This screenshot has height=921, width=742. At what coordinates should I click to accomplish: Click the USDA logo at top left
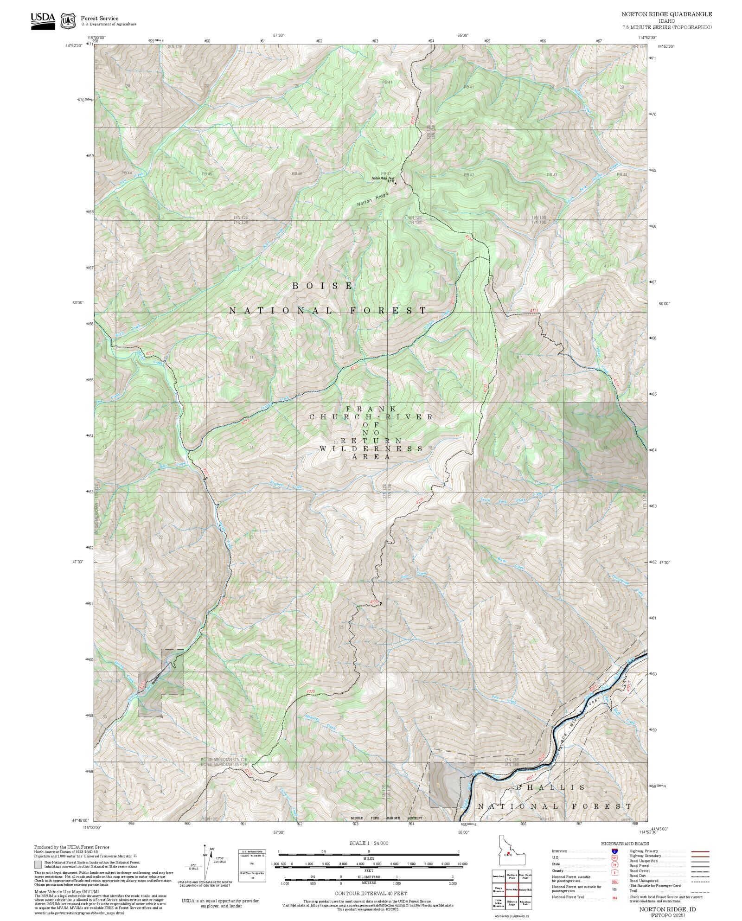click(x=43, y=20)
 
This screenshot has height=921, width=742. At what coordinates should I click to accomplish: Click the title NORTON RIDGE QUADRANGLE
click(x=666, y=14)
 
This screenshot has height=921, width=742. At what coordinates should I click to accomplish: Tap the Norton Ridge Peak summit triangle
click(x=396, y=183)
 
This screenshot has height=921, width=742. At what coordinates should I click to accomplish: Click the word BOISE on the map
click(x=323, y=286)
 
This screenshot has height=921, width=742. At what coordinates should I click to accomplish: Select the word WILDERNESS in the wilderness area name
click(x=371, y=448)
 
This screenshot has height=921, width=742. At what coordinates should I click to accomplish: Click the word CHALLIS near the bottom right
click(x=550, y=787)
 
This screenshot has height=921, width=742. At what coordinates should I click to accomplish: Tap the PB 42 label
click(x=469, y=175)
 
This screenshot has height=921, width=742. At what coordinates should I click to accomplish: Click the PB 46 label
click(x=297, y=174)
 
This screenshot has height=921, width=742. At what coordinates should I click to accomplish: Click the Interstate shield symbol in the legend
click(x=614, y=851)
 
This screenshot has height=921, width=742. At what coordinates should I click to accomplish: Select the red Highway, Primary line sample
click(x=700, y=851)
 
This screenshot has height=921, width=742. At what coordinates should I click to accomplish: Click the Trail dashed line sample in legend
click(x=700, y=891)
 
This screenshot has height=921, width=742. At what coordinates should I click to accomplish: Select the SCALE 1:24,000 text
click(x=369, y=843)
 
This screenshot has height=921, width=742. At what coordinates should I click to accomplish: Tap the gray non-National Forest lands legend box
click(x=38, y=864)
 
